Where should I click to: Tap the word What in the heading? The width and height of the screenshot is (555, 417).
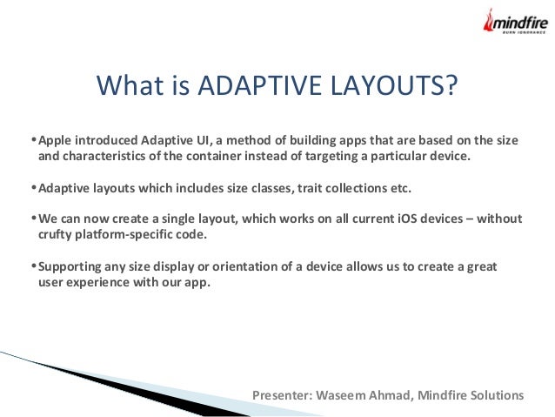click(130, 87)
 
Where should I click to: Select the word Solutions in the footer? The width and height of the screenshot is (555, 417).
click(498, 395)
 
